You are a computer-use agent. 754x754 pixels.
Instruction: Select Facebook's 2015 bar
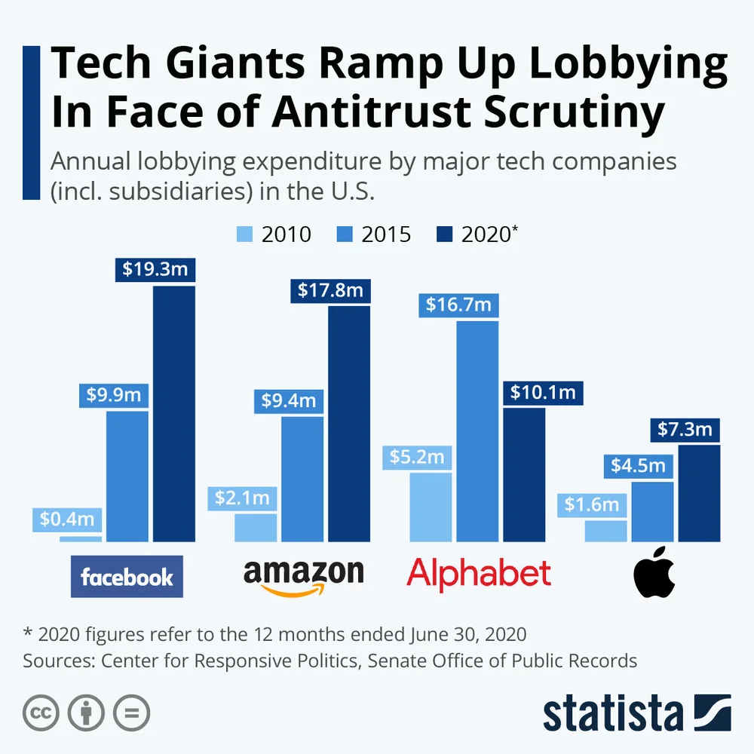[127, 475]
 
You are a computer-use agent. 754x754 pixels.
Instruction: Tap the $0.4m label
[67, 519]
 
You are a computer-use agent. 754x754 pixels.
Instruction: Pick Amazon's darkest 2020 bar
[349, 422]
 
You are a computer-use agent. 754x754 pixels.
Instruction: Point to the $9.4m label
[289, 400]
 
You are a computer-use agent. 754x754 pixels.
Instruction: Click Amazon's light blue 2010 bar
[256, 527]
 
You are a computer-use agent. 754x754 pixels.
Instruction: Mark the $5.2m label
[417, 457]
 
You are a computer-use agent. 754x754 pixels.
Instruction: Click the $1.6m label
[592, 504]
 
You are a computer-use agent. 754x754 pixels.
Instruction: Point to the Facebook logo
[127, 577]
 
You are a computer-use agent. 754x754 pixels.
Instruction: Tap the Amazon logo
[303, 578]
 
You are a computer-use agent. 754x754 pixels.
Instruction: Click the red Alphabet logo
[479, 575]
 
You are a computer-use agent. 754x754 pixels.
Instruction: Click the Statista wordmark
[612, 714]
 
